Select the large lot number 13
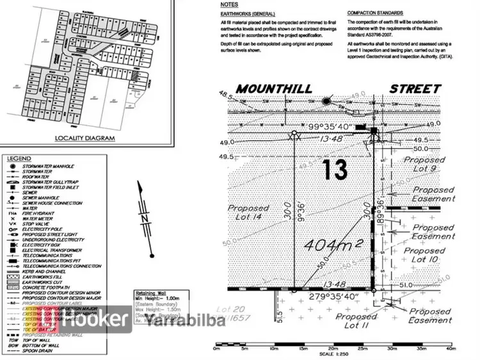pos(335,170)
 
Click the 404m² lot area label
pos(334,244)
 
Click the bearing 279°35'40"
pos(335,297)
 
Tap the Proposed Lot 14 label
pos(248,213)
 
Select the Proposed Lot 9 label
pos(420,164)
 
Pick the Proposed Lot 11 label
pos(356,322)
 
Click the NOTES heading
pos(228,4)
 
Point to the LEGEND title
pos(19,158)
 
